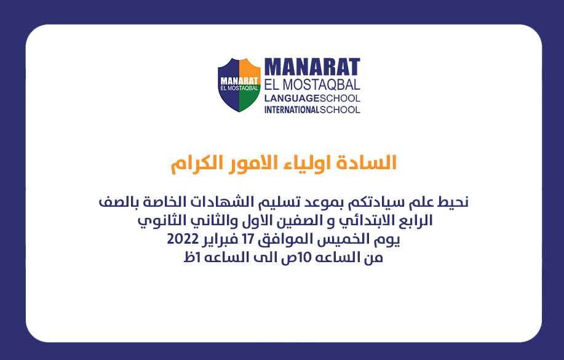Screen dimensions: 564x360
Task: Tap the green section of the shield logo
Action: [248, 99]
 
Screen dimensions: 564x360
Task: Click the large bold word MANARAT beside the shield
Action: [312, 67]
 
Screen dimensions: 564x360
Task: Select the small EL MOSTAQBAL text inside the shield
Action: [239, 88]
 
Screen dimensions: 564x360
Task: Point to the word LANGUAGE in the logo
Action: [292, 98]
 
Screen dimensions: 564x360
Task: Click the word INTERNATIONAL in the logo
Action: [292, 110]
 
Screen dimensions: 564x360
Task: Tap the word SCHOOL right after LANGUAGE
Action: [340, 98]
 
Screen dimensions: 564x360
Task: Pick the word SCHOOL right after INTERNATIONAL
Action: [340, 110]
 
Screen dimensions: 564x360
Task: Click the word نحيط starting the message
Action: [453, 202]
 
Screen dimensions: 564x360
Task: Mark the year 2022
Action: [183, 239]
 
